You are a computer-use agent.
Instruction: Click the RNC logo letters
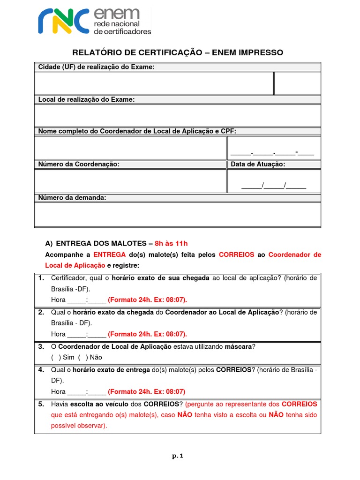point(63,22)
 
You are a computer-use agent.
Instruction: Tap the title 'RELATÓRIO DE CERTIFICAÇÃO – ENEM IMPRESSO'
point(177,52)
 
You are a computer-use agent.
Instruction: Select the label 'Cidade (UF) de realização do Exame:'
point(96,67)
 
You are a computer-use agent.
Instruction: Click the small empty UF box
point(297,83)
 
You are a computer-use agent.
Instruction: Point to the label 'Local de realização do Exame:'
point(86,100)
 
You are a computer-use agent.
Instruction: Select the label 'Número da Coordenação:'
point(79,165)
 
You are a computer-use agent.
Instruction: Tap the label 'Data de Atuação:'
point(258,165)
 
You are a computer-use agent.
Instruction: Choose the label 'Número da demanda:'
point(72,198)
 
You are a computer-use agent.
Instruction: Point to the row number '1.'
point(41,278)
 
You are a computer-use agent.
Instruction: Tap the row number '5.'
point(41,404)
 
